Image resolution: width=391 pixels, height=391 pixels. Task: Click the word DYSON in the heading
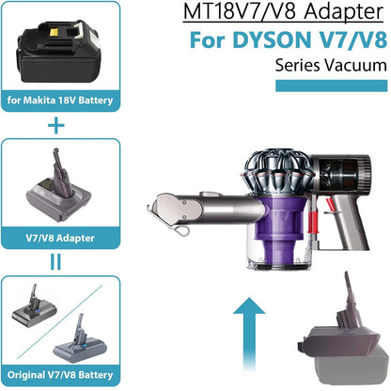[x=272, y=39]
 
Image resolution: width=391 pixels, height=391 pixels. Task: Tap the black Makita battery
[x=58, y=51]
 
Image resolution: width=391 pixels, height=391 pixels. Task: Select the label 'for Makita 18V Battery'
[x=60, y=101]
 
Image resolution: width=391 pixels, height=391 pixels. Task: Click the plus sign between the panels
[x=56, y=126]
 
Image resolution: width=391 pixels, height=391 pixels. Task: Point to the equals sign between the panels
[x=55, y=262]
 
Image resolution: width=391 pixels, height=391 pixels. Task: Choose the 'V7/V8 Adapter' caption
[x=60, y=238]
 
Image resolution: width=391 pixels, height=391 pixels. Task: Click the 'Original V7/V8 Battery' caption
[x=60, y=375]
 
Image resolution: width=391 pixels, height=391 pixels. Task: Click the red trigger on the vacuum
[x=329, y=204]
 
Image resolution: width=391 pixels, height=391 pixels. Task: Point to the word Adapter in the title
[x=343, y=12]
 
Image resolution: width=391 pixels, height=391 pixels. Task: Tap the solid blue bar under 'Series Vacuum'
[x=332, y=86]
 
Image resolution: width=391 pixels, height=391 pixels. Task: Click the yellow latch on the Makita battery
[x=55, y=32]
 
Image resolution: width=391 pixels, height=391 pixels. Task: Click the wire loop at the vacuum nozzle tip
[x=181, y=230]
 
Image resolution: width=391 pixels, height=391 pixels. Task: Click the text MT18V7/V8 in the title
[x=240, y=12]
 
